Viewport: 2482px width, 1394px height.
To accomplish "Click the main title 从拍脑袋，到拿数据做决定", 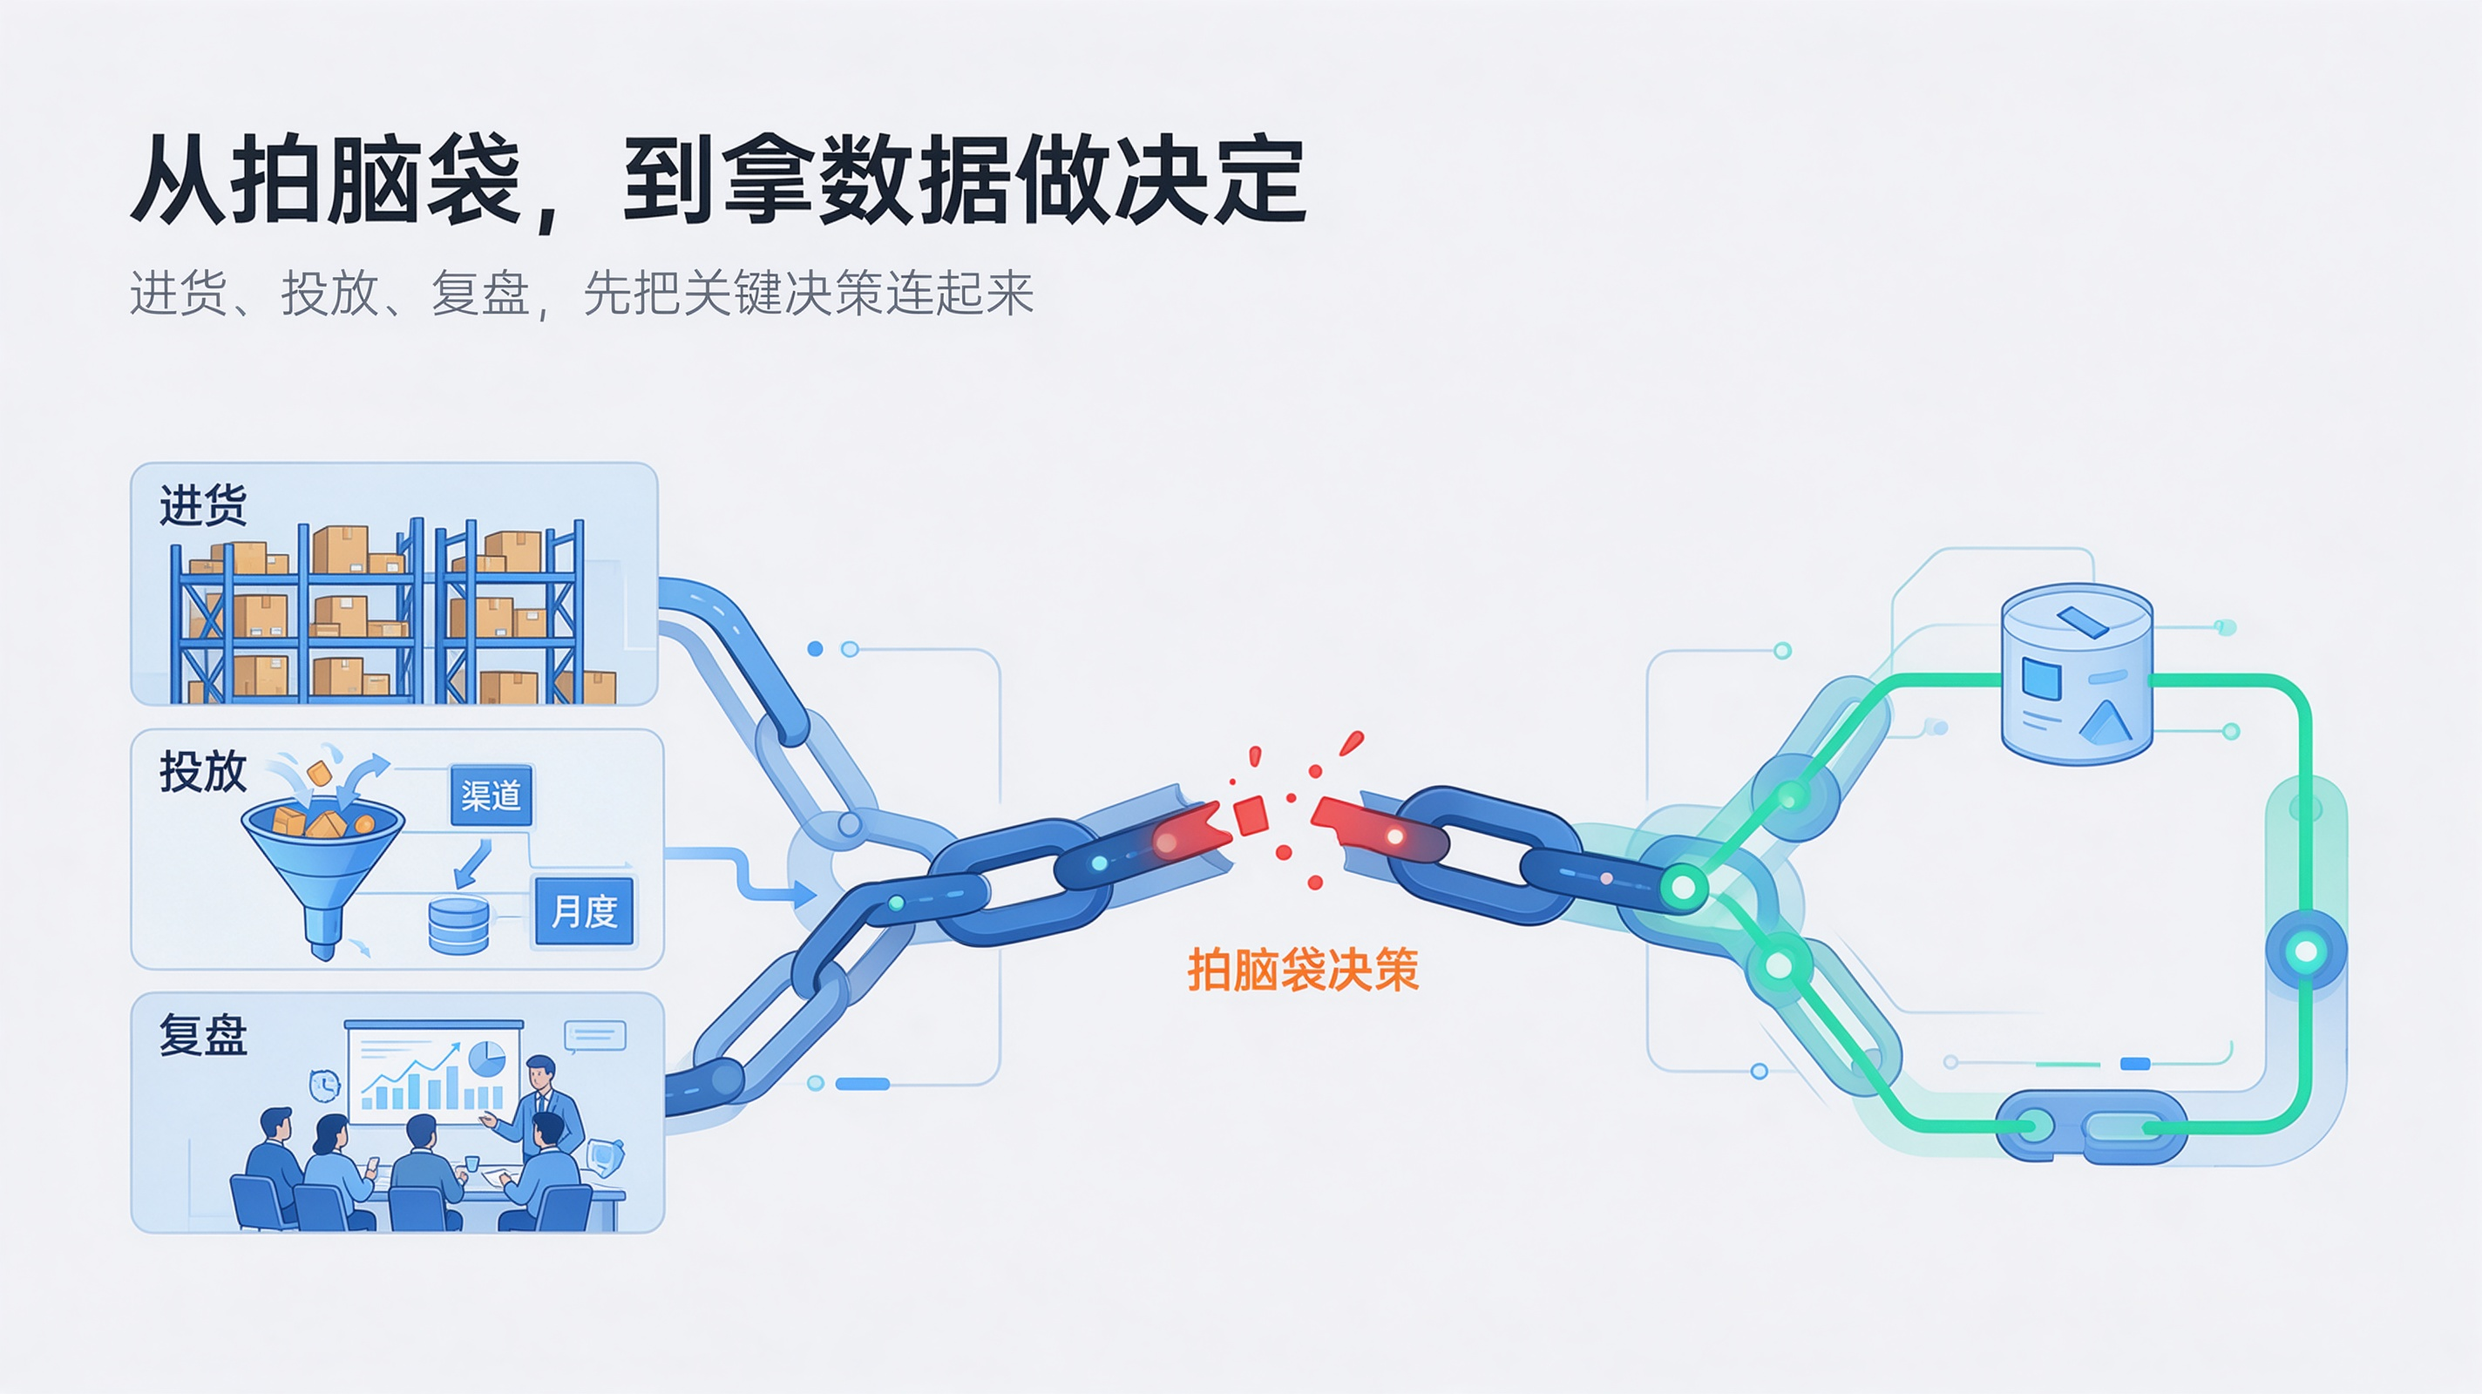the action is pos(719,181).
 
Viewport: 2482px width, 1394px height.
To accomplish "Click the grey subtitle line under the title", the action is pos(582,293).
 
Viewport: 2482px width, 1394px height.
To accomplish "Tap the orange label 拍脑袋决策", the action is pos(1303,969).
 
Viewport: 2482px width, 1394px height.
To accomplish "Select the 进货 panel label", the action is pos(203,504).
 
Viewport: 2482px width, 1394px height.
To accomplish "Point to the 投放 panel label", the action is pos(203,772).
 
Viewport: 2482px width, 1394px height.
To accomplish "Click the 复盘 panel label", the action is pos(203,1036).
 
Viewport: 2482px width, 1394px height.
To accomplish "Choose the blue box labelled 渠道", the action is pos(492,795).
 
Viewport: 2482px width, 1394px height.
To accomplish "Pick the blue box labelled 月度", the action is pos(584,910).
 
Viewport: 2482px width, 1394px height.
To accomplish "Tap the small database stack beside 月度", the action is pos(458,925).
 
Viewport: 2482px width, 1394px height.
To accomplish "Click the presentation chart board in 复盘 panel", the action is pos(434,1073).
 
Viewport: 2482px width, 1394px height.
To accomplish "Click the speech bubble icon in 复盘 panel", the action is pos(595,1037).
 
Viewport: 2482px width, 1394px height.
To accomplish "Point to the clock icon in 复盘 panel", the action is pos(325,1086).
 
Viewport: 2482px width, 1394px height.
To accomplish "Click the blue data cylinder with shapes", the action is pos(2077,673).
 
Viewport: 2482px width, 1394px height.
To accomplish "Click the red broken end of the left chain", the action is pos(1192,835).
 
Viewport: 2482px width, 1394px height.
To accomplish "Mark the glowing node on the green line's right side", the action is pos(2306,951).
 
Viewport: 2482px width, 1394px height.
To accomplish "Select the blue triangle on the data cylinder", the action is pos(2106,722).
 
